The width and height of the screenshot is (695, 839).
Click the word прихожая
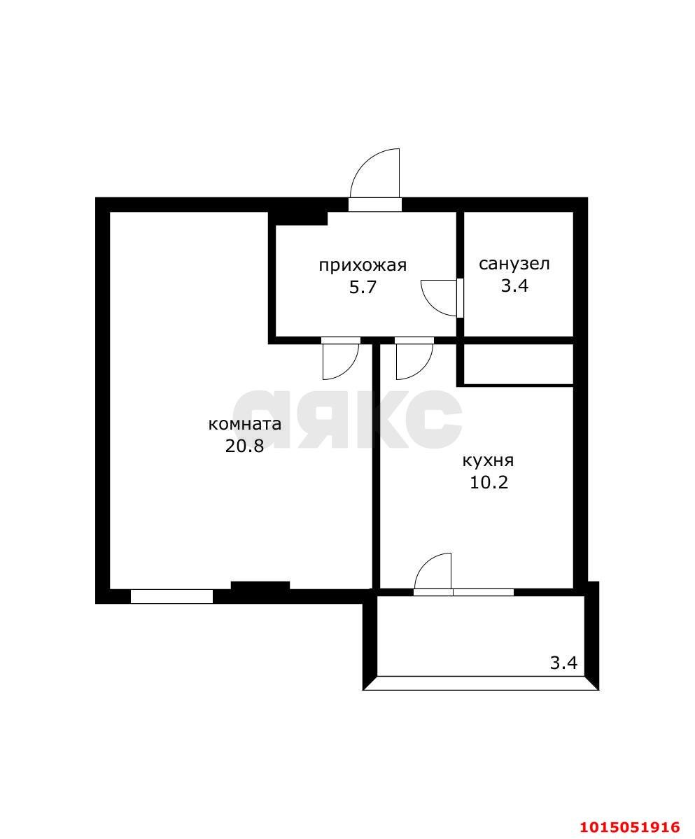click(x=363, y=265)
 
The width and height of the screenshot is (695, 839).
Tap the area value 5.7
click(x=363, y=288)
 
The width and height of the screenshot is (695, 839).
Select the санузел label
click(x=514, y=264)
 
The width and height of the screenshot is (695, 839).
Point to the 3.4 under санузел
click(x=514, y=285)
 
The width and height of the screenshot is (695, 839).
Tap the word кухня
click(x=488, y=460)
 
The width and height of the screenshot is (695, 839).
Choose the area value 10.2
click(x=489, y=482)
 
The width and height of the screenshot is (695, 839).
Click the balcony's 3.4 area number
click(x=563, y=663)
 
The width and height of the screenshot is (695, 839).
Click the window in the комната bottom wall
click(x=171, y=596)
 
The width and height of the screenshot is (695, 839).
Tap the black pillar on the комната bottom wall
click(x=260, y=586)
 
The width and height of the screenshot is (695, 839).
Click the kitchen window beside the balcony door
click(x=483, y=592)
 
